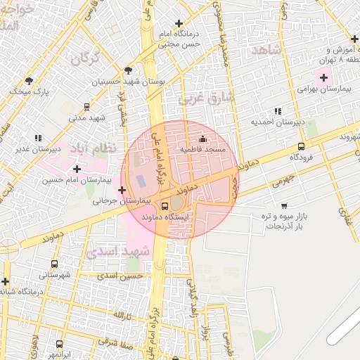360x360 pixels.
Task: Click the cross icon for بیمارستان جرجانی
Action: click(122, 190)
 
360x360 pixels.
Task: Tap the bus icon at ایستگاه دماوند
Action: click(165, 206)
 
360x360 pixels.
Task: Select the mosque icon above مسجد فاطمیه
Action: click(203, 139)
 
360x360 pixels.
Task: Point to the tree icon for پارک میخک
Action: click(29, 81)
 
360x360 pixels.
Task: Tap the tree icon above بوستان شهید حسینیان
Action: click(128, 70)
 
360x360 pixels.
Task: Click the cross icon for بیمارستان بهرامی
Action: click(323, 77)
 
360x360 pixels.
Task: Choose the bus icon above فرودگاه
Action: click(301, 146)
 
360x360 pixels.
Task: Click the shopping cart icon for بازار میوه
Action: click(283, 205)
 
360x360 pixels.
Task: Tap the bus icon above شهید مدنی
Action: click(86, 107)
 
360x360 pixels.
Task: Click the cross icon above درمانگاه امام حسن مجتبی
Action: click(179, 23)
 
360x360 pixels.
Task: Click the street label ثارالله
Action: click(123, 313)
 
